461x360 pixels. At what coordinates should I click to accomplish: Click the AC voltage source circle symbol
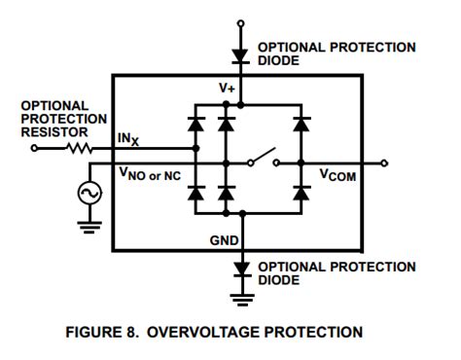(89, 194)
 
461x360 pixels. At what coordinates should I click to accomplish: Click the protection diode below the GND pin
(241, 268)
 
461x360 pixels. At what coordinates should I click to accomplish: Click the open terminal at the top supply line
(241, 22)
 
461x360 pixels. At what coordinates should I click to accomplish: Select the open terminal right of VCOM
(386, 162)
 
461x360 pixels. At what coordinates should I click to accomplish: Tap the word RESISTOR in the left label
(53, 131)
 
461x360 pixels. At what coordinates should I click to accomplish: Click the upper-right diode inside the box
(301, 125)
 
